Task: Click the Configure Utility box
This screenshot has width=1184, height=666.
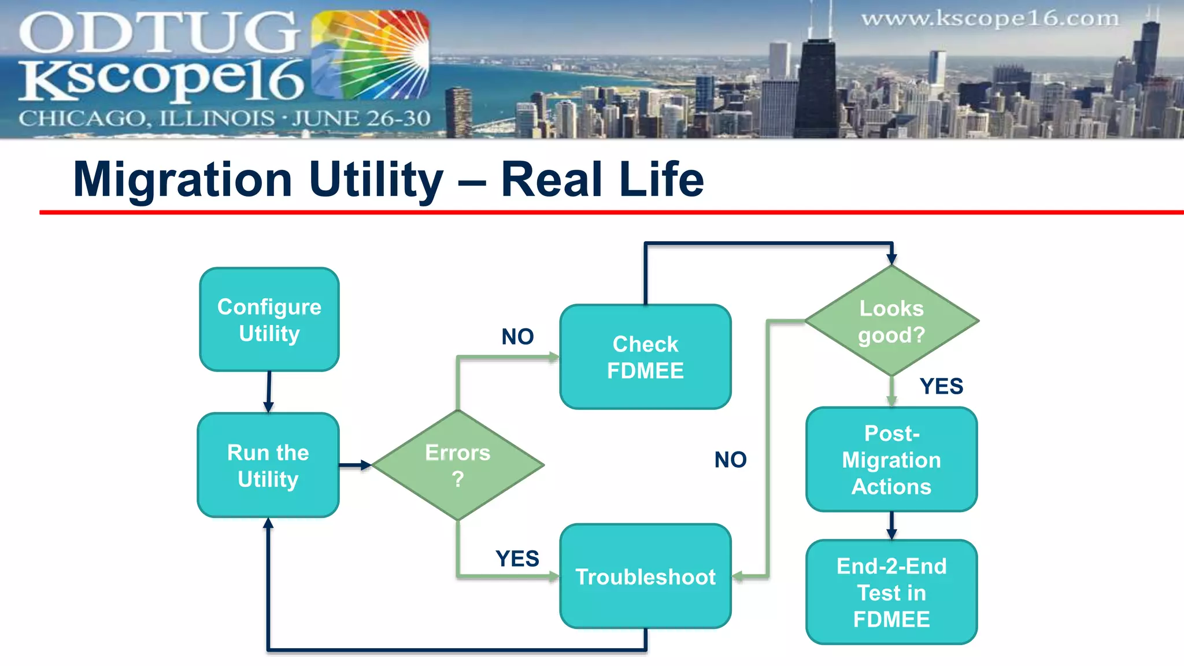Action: click(x=269, y=319)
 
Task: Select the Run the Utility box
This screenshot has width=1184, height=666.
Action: click(x=268, y=465)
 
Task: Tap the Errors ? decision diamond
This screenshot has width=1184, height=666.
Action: click(x=458, y=465)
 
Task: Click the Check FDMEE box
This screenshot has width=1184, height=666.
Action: click(x=645, y=357)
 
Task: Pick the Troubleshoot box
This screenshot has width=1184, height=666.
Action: click(x=645, y=576)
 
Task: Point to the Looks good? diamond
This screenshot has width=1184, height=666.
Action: click(x=891, y=321)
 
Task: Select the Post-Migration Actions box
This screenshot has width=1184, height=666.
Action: click(x=891, y=460)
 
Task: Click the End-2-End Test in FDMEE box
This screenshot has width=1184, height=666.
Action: click(x=891, y=592)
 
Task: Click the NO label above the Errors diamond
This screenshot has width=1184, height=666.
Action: click(x=517, y=336)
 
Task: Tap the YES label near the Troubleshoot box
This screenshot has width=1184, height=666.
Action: click(x=517, y=558)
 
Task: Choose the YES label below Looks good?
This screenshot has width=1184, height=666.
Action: click(x=941, y=386)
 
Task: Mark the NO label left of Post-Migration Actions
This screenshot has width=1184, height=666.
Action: click(x=730, y=460)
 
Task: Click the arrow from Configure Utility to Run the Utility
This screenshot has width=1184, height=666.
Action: click(x=269, y=392)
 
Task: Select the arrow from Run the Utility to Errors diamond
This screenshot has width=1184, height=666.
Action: click(x=355, y=465)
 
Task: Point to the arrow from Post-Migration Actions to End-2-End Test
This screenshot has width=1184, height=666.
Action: click(x=891, y=525)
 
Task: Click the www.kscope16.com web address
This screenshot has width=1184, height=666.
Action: click(x=990, y=18)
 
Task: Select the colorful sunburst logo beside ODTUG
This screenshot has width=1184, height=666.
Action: click(x=371, y=55)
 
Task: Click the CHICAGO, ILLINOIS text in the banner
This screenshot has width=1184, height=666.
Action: click(x=146, y=119)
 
